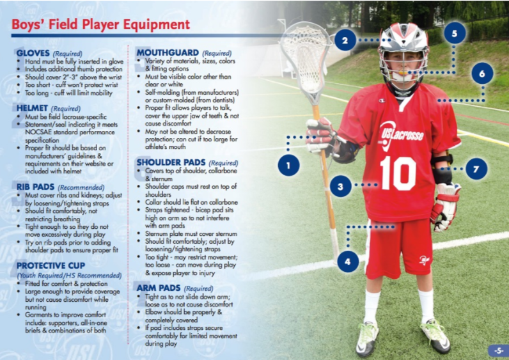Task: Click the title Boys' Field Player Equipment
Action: [100, 25]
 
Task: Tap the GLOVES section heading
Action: [33, 53]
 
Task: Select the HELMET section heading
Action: [32, 108]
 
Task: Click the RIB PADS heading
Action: [35, 187]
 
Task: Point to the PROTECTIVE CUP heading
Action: [51, 265]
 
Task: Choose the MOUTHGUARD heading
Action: [168, 52]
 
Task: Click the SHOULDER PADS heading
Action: [171, 162]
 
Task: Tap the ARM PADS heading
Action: [159, 288]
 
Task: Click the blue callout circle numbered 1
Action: [288, 165]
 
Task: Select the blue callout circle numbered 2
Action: [345, 40]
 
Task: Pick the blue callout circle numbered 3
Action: [341, 186]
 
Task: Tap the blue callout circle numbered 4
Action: [348, 261]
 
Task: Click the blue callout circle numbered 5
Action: [455, 33]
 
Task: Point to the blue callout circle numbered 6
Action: [482, 74]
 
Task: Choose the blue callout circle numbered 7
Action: [476, 169]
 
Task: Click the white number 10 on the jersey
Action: [398, 173]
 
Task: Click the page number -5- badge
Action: [498, 350]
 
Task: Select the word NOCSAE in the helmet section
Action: [38, 132]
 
